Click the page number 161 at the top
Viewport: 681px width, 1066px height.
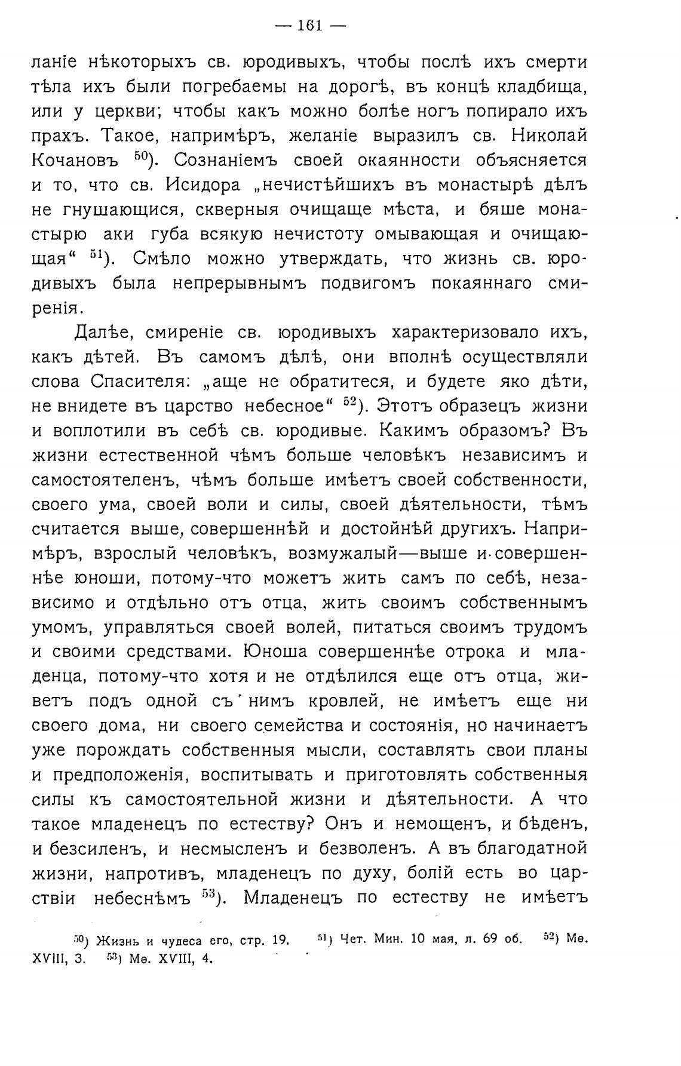click(x=309, y=25)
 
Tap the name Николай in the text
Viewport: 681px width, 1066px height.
click(x=550, y=136)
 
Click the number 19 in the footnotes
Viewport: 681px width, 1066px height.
click(x=278, y=941)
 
